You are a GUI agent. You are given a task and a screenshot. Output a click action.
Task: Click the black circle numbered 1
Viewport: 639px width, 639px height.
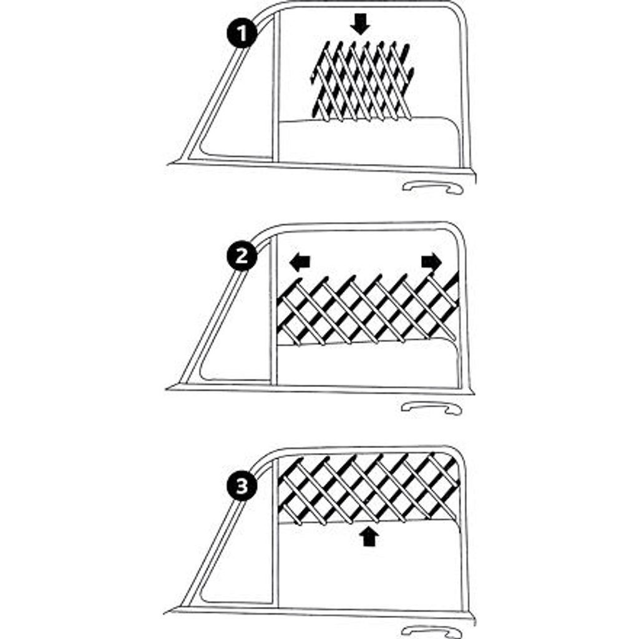pyautogui.click(x=242, y=33)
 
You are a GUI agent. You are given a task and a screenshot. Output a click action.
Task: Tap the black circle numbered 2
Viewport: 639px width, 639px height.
pyautogui.click(x=242, y=256)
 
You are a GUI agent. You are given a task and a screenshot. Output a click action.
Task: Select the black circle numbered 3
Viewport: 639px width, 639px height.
pyautogui.click(x=242, y=485)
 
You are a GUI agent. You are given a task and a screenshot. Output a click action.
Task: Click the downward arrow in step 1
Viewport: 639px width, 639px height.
pyautogui.click(x=360, y=24)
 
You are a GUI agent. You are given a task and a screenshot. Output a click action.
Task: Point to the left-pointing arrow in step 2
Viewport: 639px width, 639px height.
pyautogui.click(x=300, y=261)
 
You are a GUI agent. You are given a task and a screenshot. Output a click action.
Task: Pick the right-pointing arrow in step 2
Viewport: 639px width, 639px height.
pyautogui.click(x=432, y=261)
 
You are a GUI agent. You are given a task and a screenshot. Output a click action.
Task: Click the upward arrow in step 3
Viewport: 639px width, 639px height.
pyautogui.click(x=369, y=535)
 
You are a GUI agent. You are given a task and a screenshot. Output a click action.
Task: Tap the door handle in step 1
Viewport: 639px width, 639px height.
pyautogui.click(x=433, y=188)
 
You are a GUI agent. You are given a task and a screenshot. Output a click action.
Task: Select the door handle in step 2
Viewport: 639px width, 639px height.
pyautogui.click(x=431, y=408)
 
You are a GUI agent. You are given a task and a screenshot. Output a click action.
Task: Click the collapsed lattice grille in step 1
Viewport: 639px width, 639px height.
pyautogui.click(x=363, y=80)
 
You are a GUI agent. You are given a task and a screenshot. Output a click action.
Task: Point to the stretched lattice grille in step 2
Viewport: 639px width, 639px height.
pyautogui.click(x=368, y=310)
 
